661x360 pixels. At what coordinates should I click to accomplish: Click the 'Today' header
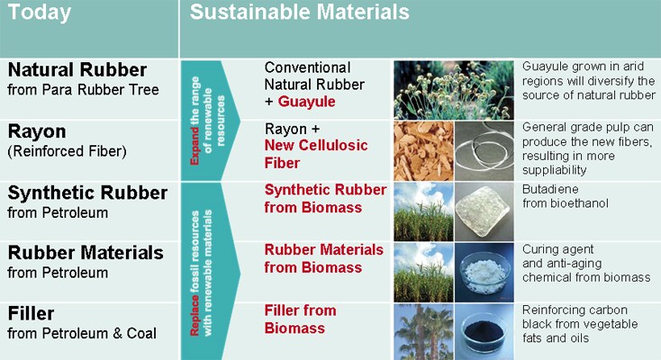coord(40,13)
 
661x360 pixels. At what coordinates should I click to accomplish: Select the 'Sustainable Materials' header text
coord(299,12)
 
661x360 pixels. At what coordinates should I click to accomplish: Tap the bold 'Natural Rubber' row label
coord(77,70)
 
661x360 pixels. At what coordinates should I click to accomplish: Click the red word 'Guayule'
coord(306,102)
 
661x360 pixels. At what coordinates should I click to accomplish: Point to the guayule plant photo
coord(454,90)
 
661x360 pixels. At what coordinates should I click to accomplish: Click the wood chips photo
coord(423,151)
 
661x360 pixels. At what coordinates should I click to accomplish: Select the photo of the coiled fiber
coord(484,151)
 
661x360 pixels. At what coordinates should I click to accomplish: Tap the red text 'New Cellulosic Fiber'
coord(316,154)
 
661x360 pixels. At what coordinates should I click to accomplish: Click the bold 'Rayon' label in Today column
coord(37,132)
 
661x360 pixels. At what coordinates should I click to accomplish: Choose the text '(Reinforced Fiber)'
coord(67,151)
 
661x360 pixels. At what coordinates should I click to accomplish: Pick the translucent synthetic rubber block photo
coord(484,211)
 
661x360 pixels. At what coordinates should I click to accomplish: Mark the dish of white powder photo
coord(484,273)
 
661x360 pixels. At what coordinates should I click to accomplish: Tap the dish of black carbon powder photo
coord(484,332)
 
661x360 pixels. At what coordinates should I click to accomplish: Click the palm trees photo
coord(423,332)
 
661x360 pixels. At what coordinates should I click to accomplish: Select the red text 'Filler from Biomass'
coord(301,319)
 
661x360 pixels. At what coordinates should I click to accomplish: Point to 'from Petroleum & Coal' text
coord(82,333)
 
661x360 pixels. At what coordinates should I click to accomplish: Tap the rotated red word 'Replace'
coord(195,315)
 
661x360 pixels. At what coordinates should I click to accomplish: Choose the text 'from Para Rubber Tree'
coord(83,90)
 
